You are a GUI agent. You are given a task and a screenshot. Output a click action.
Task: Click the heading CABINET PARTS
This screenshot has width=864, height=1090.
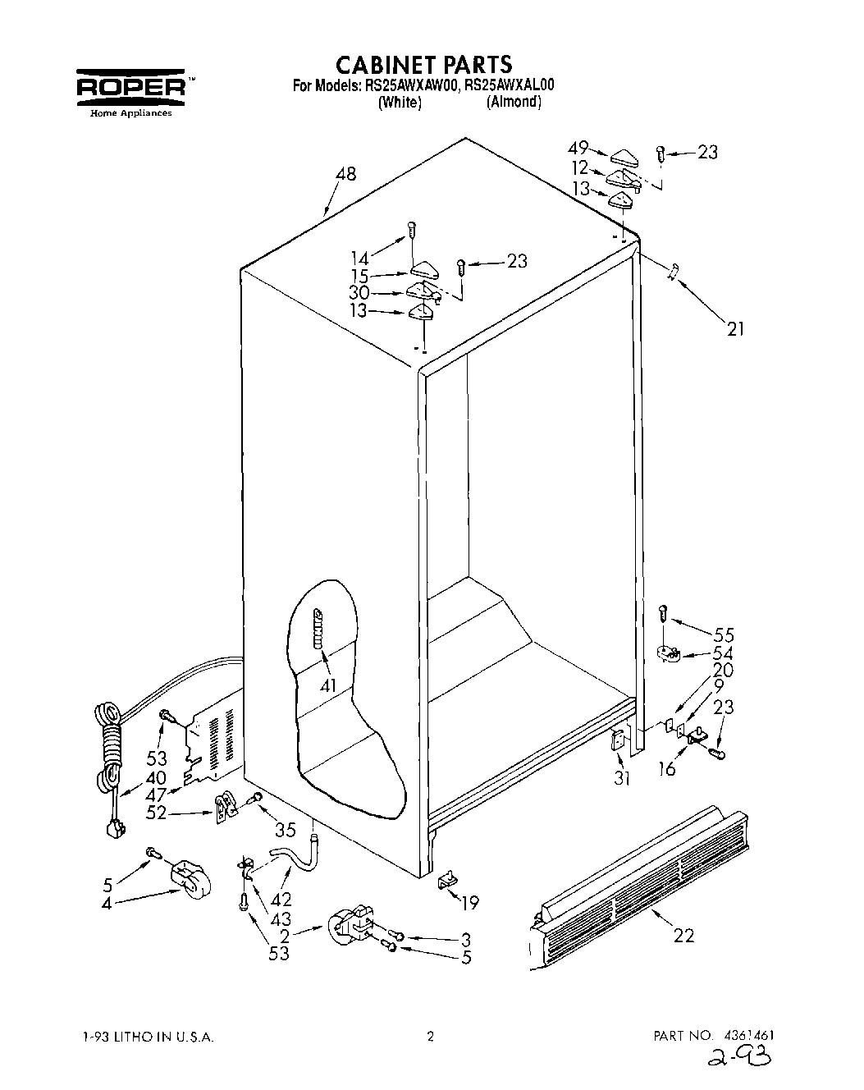point(424,64)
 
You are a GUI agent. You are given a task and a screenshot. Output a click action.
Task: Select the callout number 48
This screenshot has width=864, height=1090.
point(345,174)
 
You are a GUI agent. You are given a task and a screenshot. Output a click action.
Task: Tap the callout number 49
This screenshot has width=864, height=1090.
point(578,148)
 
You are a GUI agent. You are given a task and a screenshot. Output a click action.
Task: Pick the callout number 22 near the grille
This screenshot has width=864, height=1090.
point(683,934)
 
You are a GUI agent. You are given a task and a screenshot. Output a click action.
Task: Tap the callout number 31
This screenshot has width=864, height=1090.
point(622,777)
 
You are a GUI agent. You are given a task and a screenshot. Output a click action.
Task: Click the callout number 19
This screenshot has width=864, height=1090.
point(469,904)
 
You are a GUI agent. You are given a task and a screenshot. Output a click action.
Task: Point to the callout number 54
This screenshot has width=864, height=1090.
point(723,653)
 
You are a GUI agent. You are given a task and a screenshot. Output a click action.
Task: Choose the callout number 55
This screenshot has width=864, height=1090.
point(723,634)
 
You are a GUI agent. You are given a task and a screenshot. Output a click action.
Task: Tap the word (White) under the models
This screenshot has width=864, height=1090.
point(400,103)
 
